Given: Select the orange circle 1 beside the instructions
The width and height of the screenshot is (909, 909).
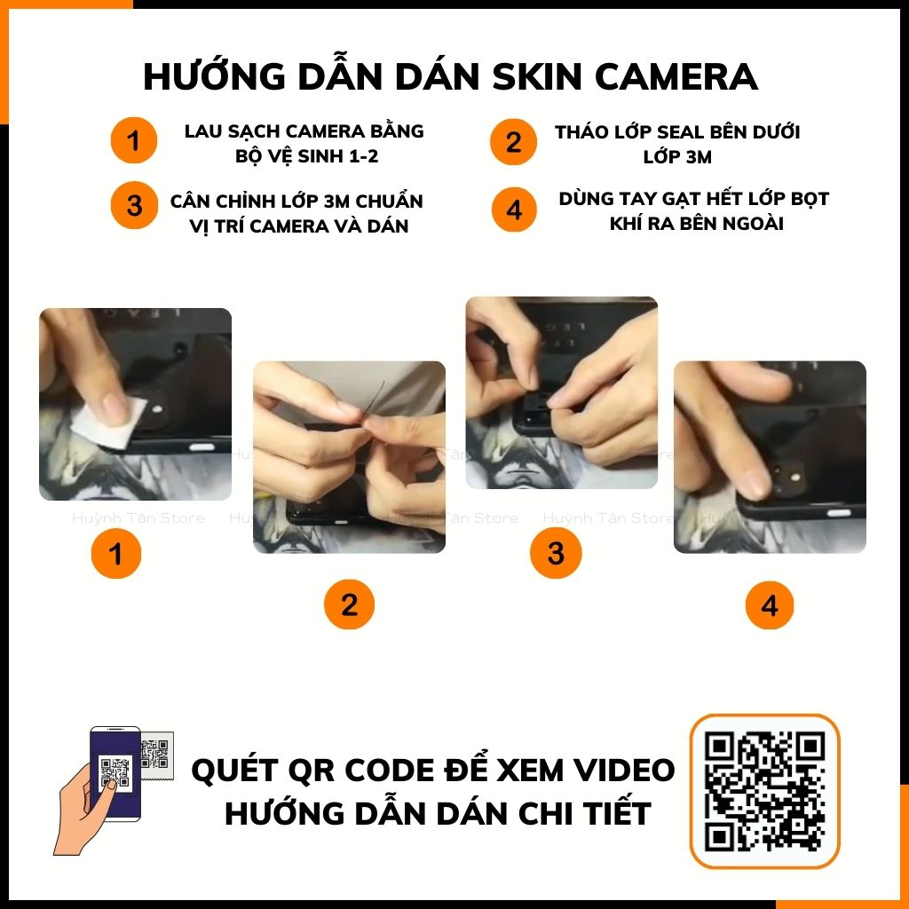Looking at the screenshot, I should (x=133, y=141).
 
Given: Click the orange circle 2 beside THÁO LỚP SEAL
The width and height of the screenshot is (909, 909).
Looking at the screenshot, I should (x=514, y=142).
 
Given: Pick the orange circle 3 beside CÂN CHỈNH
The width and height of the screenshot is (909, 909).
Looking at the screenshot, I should (x=133, y=206).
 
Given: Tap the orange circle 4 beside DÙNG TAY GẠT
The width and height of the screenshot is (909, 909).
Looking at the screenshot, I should (x=514, y=210).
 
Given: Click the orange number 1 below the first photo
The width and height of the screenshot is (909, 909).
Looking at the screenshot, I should (x=115, y=555).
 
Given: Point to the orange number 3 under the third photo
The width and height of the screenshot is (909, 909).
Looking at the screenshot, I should (x=555, y=554).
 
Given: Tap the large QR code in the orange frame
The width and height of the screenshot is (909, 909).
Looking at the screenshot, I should (x=765, y=790).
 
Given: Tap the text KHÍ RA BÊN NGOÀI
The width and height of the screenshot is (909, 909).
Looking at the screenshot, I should (x=697, y=223).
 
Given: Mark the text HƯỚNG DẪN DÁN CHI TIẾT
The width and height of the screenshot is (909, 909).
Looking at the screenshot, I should (x=438, y=813).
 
